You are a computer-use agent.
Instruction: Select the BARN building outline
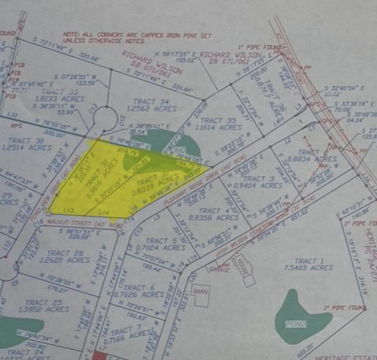pyautogui.click(x=202, y=295)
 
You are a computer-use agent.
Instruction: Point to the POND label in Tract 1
pyautogui.click(x=296, y=324)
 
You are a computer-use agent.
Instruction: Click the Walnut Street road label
pyautogui.click(x=84, y=223)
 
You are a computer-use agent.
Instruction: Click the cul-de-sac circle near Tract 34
pyautogui.click(x=106, y=119)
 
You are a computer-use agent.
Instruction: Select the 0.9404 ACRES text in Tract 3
pyautogui.click(x=265, y=185)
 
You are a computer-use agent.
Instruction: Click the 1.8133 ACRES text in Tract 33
pyautogui.click(x=60, y=99)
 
